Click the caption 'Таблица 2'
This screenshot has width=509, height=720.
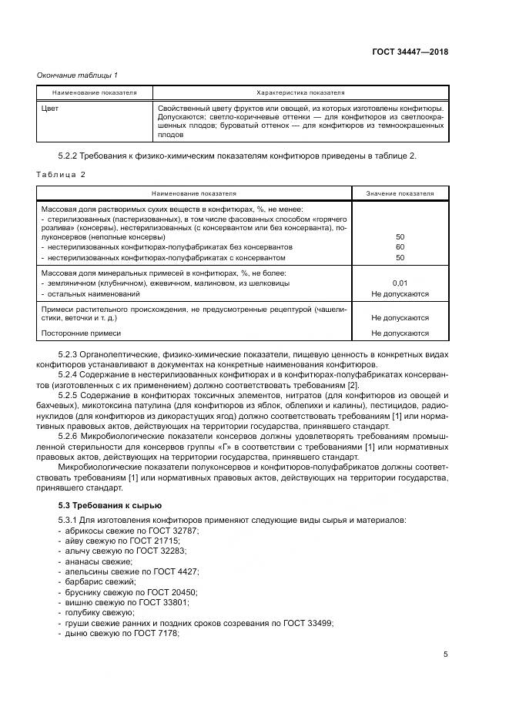(x=61, y=174)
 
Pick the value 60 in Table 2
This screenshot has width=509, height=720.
(x=400, y=247)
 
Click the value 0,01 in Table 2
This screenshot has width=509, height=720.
(x=400, y=283)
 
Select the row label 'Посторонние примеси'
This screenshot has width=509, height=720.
(x=81, y=333)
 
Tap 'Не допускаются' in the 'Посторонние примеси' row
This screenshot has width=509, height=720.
(x=400, y=333)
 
